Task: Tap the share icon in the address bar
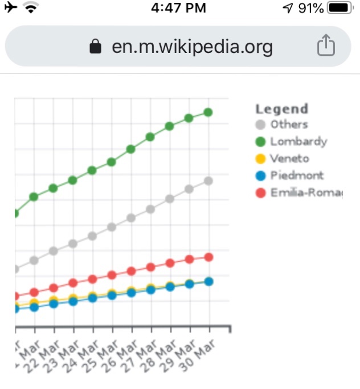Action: (x=325, y=46)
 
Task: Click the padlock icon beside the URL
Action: (x=96, y=47)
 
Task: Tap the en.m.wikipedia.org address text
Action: (x=192, y=47)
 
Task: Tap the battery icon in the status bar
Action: (x=339, y=9)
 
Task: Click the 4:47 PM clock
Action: (x=179, y=8)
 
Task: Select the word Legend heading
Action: (x=281, y=109)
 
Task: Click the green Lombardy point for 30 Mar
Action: (x=208, y=112)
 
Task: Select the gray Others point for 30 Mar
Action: (x=208, y=181)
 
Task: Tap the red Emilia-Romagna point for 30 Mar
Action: (x=208, y=257)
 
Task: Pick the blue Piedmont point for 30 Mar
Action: (x=208, y=281)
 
